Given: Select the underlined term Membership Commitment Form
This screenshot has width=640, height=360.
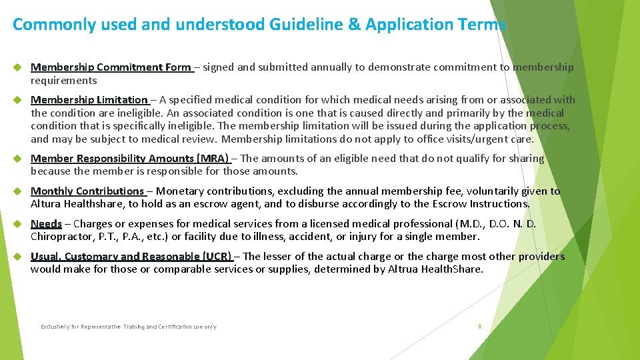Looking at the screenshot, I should (x=111, y=67).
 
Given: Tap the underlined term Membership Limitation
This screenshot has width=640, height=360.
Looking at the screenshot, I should (x=89, y=100).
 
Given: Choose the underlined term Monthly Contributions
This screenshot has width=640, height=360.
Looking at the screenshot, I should (x=87, y=191).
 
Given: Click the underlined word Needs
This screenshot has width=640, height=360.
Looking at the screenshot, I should (x=46, y=224).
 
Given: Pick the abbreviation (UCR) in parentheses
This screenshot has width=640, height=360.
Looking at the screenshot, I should (x=217, y=257).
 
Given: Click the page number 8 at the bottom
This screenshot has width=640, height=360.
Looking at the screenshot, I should (x=479, y=327).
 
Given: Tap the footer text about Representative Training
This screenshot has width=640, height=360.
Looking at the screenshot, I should (x=128, y=327).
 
